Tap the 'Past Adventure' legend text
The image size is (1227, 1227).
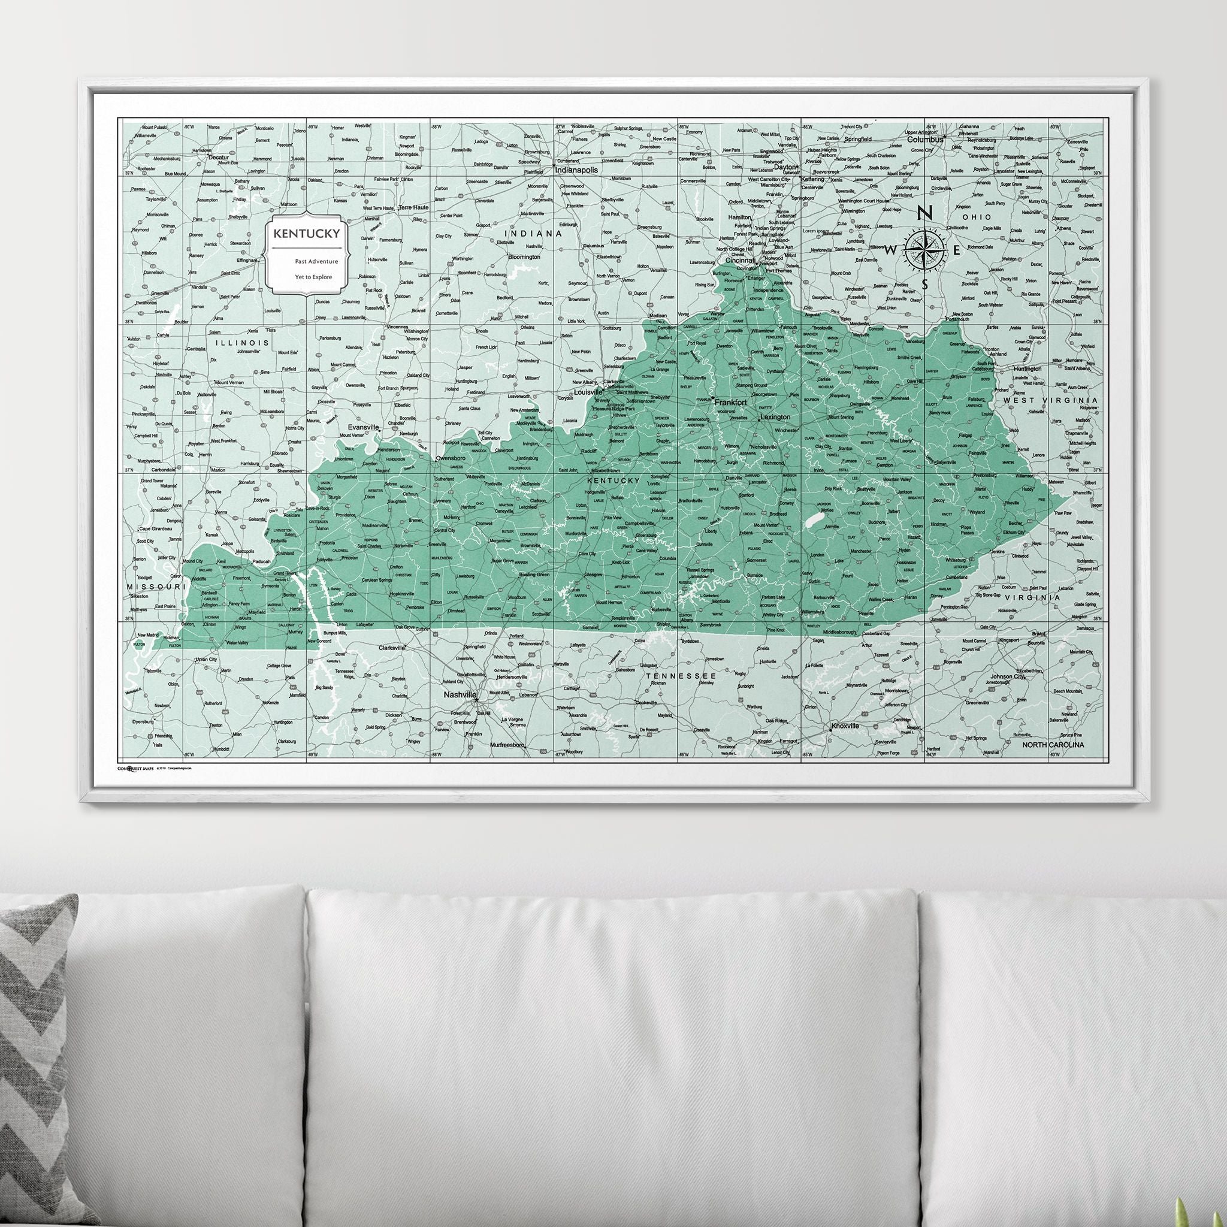pyautogui.click(x=316, y=261)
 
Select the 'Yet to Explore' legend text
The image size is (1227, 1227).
pyautogui.click(x=313, y=276)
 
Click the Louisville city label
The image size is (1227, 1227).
pyautogui.click(x=588, y=392)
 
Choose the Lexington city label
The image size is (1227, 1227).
pyautogui.click(x=775, y=417)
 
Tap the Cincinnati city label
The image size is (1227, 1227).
pyautogui.click(x=740, y=261)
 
